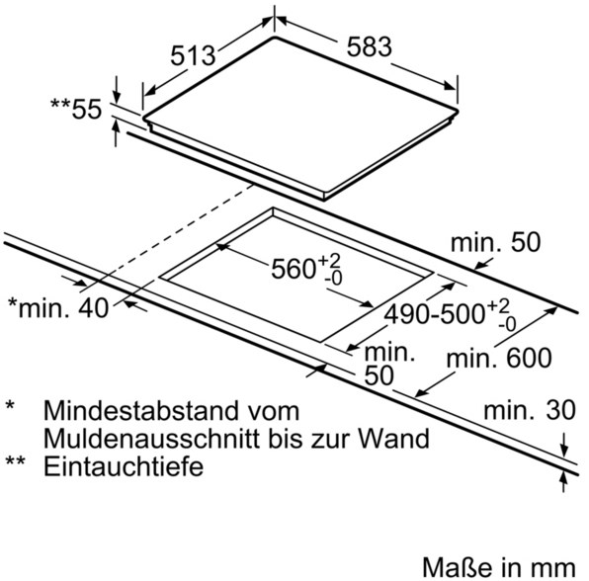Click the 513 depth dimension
193,56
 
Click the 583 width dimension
369,47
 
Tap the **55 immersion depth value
76,109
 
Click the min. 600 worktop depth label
499,358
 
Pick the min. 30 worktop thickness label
530,409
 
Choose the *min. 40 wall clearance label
58,308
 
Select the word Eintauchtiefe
124,466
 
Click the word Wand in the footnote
393,438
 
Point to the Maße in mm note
499,567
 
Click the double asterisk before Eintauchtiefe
15,460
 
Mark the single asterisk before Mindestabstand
10,405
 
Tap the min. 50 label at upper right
495,242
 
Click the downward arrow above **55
117,90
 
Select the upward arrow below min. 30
563,482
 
